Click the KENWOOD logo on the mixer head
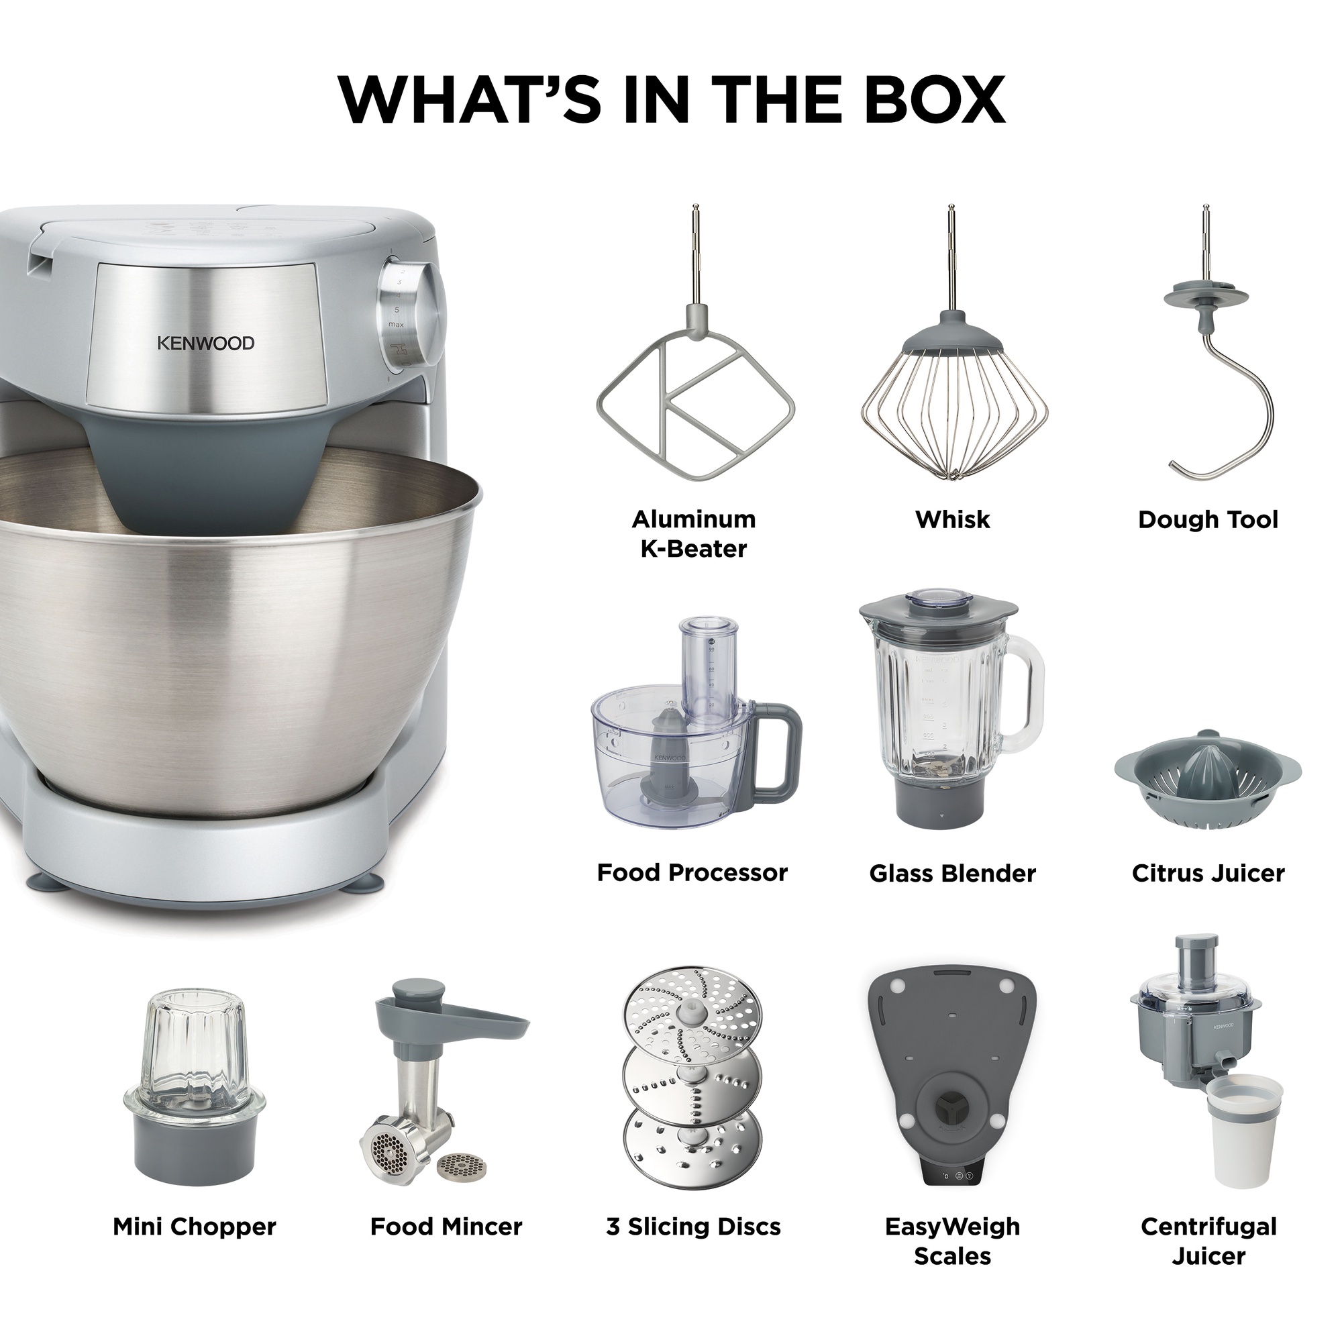tap(205, 342)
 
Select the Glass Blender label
tap(952, 873)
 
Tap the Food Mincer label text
tap(446, 1246)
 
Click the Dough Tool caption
tap(1208, 519)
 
